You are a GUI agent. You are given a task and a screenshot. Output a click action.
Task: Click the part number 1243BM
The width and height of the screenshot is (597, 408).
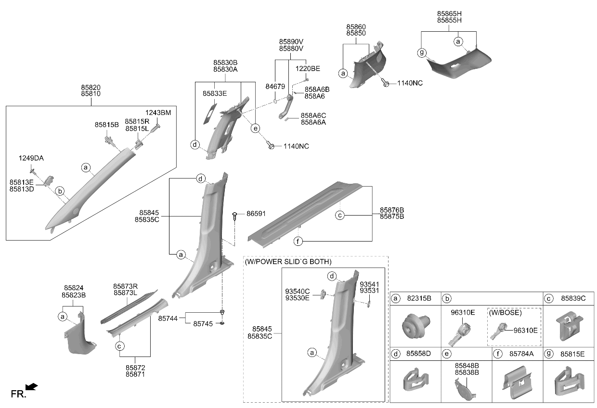pyautogui.click(x=158, y=113)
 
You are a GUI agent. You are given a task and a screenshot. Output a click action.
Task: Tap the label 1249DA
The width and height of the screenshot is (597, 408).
pyautogui.click(x=31, y=158)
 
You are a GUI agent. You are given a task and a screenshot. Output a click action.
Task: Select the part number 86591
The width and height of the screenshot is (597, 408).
pyautogui.click(x=256, y=214)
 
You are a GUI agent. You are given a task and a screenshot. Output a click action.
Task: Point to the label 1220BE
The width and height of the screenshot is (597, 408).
pyautogui.click(x=308, y=69)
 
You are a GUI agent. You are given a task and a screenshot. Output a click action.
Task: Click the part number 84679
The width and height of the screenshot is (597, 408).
pyautogui.click(x=275, y=87)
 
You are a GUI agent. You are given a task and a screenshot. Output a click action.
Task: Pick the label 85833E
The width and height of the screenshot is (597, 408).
pyautogui.click(x=215, y=93)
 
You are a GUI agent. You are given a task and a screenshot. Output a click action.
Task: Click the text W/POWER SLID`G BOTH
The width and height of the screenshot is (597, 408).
pyautogui.click(x=288, y=262)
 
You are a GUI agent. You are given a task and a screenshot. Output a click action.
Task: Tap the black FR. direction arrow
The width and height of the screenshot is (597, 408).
pyautogui.click(x=32, y=387)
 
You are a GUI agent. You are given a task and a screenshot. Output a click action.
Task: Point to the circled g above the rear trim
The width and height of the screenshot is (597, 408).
pyautogui.click(x=422, y=53)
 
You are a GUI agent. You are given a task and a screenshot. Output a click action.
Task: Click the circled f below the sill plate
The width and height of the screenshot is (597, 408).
pyautogui.click(x=298, y=242)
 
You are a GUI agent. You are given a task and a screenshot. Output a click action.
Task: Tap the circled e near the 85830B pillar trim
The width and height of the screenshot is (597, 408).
pyautogui.click(x=255, y=128)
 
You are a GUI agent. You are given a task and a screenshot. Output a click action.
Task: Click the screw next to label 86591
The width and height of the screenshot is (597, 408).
pyautogui.click(x=234, y=216)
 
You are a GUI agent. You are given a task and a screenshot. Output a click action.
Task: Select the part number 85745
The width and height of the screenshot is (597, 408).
pyautogui.click(x=203, y=324)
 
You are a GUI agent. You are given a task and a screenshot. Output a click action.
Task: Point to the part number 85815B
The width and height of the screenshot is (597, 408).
pyautogui.click(x=106, y=125)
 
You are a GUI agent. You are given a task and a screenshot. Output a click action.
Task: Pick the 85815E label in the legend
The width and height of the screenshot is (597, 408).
pyautogui.click(x=572, y=354)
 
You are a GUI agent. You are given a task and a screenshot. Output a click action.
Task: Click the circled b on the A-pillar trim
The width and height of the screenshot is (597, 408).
pyautogui.click(x=60, y=191)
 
